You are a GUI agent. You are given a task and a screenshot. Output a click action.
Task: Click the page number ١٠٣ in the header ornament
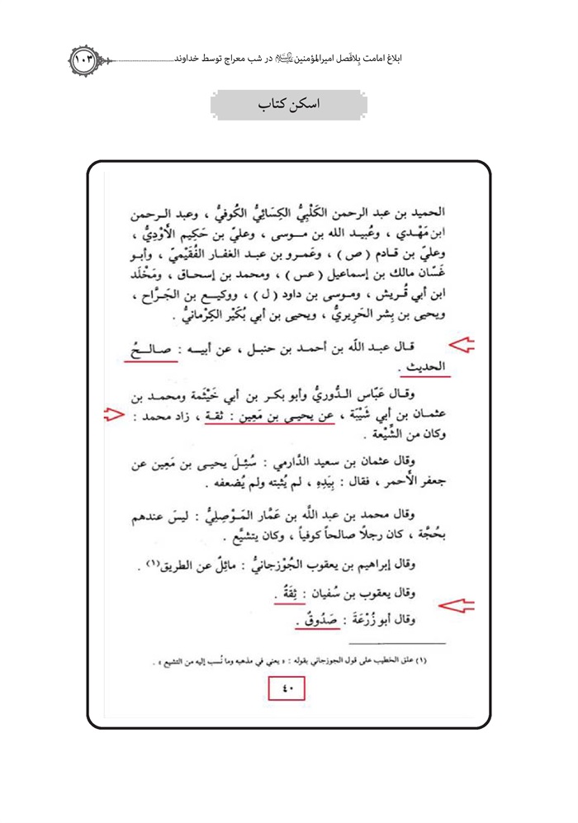pyautogui.click(x=85, y=59)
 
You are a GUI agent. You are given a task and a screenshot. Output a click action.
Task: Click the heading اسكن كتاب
pyautogui.click(x=288, y=106)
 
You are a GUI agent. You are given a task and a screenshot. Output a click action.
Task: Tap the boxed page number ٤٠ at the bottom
pyautogui.click(x=288, y=687)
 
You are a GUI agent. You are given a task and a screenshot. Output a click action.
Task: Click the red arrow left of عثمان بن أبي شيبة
pyautogui.click(x=113, y=416)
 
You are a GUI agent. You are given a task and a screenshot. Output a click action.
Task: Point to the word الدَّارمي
pyautogui.click(x=304, y=464)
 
